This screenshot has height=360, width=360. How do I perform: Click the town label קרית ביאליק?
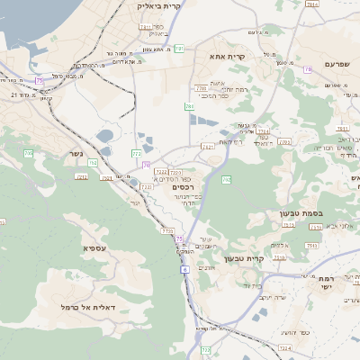[x=159, y=6]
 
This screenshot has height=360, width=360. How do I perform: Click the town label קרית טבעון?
[x=265, y=258]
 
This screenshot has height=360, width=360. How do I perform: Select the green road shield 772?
[x=137, y=154]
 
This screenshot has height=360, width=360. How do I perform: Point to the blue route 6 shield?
[x=185, y=268]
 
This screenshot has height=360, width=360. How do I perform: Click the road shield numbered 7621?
[x=209, y=146]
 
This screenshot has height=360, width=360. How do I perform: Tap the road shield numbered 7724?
[x=161, y=172]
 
